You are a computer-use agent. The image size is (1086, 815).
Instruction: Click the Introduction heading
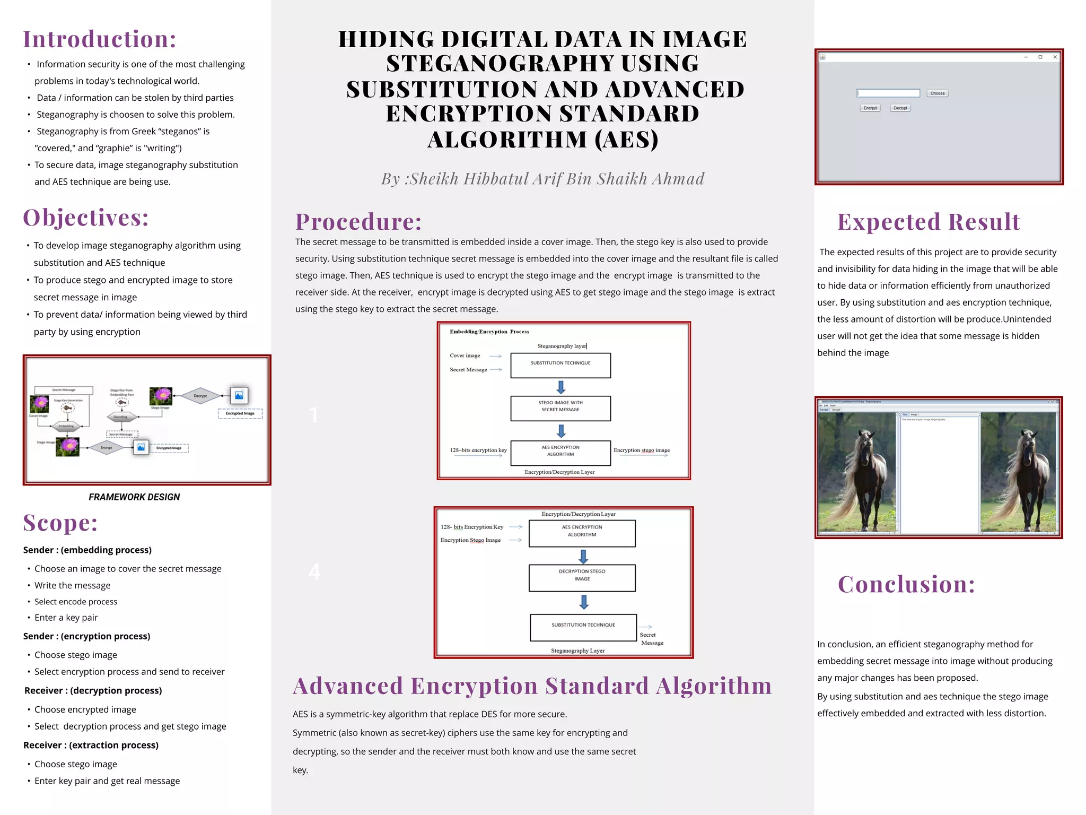[100, 39]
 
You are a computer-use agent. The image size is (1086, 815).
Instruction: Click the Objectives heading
[86, 218]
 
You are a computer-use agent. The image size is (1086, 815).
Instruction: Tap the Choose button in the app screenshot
[937, 93]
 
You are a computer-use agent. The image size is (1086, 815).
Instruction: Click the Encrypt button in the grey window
[870, 108]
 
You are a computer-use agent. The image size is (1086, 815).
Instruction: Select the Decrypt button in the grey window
[900, 108]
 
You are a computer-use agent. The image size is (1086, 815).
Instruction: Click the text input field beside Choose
[888, 93]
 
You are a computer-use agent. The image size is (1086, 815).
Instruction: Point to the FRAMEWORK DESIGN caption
[134, 497]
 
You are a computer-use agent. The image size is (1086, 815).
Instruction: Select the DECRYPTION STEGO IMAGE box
[582, 577]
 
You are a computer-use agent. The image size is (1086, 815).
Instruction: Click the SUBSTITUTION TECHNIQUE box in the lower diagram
[583, 627]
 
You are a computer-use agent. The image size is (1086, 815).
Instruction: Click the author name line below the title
[542, 179]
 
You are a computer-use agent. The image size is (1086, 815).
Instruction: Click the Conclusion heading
[906, 584]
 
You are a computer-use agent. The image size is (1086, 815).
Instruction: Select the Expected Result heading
[929, 222]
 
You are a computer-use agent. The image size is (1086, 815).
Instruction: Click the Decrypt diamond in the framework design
[200, 396]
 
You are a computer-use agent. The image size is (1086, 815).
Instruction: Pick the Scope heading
[60, 523]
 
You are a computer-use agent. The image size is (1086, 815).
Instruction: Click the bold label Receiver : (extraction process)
[91, 745]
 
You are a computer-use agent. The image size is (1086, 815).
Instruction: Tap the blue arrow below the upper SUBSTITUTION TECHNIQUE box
[561, 387]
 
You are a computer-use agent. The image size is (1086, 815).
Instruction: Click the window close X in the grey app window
[1055, 57]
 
